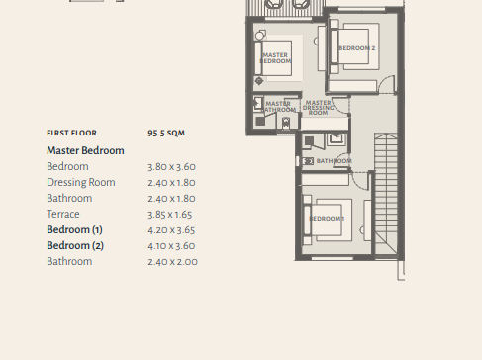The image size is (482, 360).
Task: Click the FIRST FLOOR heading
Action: click(x=71, y=133)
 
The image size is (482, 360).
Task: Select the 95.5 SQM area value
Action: click(x=166, y=133)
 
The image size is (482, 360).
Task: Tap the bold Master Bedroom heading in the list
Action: click(x=85, y=150)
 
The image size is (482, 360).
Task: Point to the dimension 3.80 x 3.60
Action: click(x=171, y=167)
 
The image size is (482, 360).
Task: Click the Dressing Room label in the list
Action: click(x=81, y=182)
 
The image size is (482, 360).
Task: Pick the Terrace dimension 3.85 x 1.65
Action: click(x=170, y=215)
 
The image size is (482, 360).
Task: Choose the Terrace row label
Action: click(x=63, y=214)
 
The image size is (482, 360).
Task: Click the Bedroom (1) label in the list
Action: click(x=74, y=229)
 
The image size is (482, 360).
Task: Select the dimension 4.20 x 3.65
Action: click(x=171, y=230)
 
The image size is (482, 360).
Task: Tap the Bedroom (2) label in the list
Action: click(x=75, y=245)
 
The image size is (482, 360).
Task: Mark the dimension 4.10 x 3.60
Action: click(x=171, y=246)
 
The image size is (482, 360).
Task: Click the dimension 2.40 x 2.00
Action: click(x=172, y=262)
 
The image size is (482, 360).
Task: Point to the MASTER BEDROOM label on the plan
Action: click(x=275, y=58)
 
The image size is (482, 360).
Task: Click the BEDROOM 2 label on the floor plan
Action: click(x=357, y=48)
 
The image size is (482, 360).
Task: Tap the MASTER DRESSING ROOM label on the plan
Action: click(x=318, y=108)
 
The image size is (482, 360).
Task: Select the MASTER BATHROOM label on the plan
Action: click(x=279, y=107)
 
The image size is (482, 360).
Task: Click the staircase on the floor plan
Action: click(x=386, y=194)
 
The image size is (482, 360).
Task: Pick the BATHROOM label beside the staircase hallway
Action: click(x=335, y=161)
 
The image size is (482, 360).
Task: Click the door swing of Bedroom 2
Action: click(x=386, y=84)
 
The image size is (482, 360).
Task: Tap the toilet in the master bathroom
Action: click(x=286, y=124)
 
